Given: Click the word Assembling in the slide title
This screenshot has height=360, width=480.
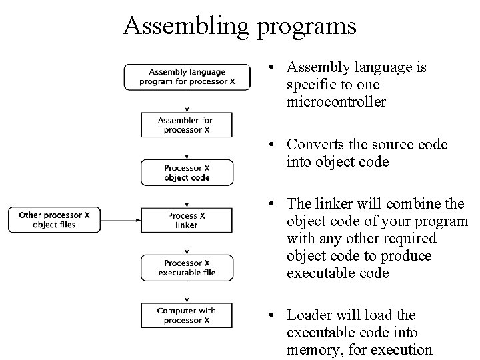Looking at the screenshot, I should tap(179, 26).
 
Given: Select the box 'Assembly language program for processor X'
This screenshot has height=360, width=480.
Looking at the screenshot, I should tap(187, 77).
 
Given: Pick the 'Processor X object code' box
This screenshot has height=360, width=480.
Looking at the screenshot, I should tap(187, 173).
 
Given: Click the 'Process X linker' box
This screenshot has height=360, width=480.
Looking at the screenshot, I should tap(187, 220).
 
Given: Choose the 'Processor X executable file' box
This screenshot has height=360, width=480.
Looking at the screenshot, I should tap(187, 267).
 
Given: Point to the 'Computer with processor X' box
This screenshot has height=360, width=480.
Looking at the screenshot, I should tap(187, 315).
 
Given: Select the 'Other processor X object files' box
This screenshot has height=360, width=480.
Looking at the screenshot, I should tap(54, 220).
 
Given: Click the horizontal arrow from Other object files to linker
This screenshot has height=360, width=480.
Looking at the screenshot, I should tap(120, 219).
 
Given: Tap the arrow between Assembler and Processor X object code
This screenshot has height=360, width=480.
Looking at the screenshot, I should tap(187, 148).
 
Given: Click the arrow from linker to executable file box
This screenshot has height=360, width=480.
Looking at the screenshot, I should tap(187, 243).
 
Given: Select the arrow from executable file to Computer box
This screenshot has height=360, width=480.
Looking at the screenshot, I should tap(187, 291).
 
